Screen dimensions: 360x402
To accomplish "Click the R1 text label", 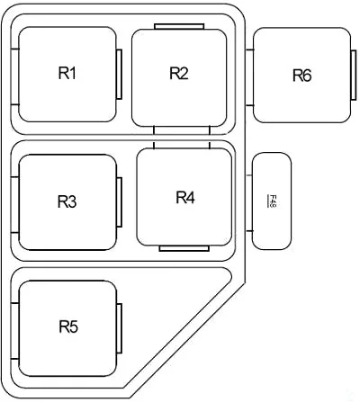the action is (x=67, y=73).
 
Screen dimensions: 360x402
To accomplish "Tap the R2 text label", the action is (x=179, y=73).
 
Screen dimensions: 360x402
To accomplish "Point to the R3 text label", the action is (x=67, y=201).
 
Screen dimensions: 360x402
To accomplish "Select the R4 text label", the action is (x=185, y=198).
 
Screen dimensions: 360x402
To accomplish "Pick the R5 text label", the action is (x=68, y=326).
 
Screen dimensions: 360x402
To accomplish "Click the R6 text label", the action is (x=302, y=76).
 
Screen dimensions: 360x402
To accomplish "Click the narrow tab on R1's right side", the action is (x=119, y=74).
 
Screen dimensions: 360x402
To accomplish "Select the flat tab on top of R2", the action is (x=179, y=26).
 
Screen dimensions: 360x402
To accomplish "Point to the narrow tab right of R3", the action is (x=119, y=202).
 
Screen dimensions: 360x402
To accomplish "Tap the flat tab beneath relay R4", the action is (x=184, y=248).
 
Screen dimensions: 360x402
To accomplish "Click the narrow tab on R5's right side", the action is (x=119, y=328).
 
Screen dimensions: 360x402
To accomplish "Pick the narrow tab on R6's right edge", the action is (x=354, y=75).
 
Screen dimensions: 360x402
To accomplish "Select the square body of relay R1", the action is (x=67, y=74).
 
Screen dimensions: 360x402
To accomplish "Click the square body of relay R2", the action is (x=179, y=77).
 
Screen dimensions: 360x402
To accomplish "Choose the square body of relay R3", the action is (x=67, y=202).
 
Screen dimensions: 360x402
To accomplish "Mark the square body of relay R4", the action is (x=184, y=197).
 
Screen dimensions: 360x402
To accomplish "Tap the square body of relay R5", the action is (x=67, y=328).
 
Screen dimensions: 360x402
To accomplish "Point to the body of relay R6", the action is (x=302, y=75).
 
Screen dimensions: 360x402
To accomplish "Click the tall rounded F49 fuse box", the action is (x=272, y=201).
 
